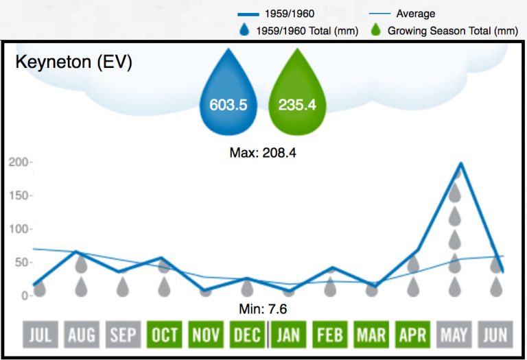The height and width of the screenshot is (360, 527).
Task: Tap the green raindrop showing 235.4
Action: [296, 103]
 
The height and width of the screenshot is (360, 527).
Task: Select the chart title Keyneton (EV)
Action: [73, 62]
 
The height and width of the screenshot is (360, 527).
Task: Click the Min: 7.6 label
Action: [262, 309]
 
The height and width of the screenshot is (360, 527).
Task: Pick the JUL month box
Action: [40, 335]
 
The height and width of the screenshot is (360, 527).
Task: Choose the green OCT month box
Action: [164, 335]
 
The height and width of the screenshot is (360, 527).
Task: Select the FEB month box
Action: [330, 335]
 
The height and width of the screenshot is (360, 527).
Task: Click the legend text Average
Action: [415, 14]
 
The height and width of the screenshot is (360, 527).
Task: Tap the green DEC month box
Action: [247, 335]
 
